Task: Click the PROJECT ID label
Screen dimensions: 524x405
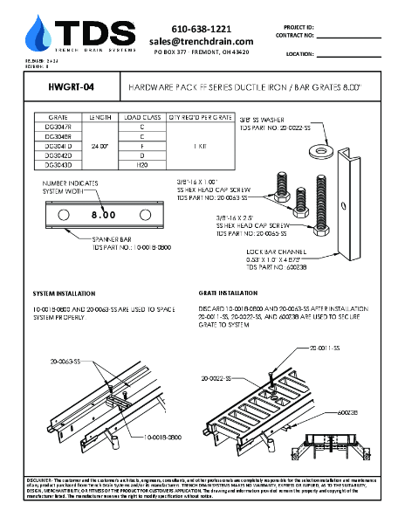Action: click(x=299, y=28)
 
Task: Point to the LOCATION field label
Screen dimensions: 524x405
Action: click(x=299, y=53)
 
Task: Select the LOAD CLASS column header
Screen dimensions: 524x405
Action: click(x=141, y=117)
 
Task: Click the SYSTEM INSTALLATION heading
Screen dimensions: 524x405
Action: click(x=64, y=293)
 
